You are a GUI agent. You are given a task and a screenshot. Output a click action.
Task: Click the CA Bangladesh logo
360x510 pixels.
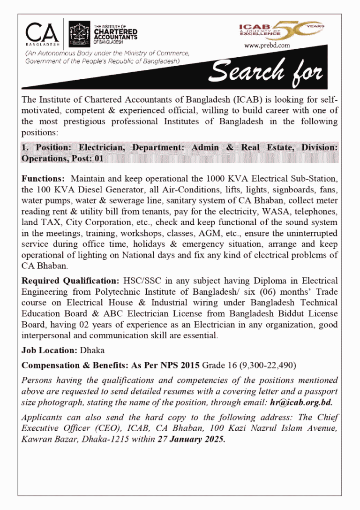(x=42, y=33)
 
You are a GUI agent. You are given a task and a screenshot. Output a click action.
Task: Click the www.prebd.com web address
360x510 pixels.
(x=267, y=46)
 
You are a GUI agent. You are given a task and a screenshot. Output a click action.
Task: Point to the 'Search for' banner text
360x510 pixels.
(x=266, y=71)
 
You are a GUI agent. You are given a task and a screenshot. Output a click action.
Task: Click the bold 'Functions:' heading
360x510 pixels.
(x=43, y=179)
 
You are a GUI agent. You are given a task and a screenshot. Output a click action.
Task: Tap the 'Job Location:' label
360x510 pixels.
(x=50, y=350)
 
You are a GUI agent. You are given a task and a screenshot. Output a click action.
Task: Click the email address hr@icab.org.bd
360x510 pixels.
(x=301, y=403)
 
